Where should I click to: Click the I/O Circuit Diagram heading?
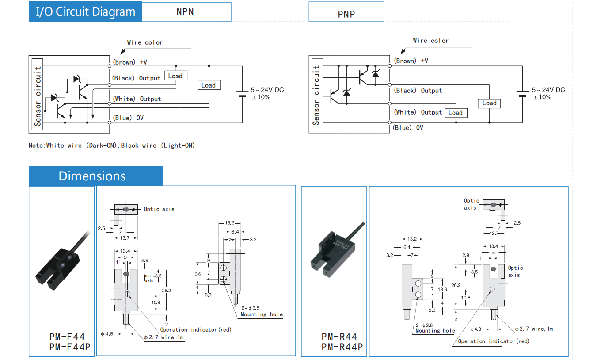(x=85, y=12)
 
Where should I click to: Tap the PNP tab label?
(x=346, y=14)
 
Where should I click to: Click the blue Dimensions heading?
(x=92, y=176)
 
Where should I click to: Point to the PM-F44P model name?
(x=69, y=347)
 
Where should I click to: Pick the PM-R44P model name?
(x=342, y=347)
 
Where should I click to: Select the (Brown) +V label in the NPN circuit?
(x=130, y=62)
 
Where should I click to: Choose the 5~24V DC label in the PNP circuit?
(x=548, y=90)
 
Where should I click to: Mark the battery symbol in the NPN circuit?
(x=242, y=94)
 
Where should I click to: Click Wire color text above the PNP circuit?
(x=430, y=41)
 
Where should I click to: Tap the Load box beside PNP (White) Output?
(x=455, y=113)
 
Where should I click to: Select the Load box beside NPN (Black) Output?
(x=175, y=76)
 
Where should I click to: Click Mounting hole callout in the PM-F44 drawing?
(x=262, y=314)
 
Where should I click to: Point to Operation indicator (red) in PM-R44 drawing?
(x=493, y=341)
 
